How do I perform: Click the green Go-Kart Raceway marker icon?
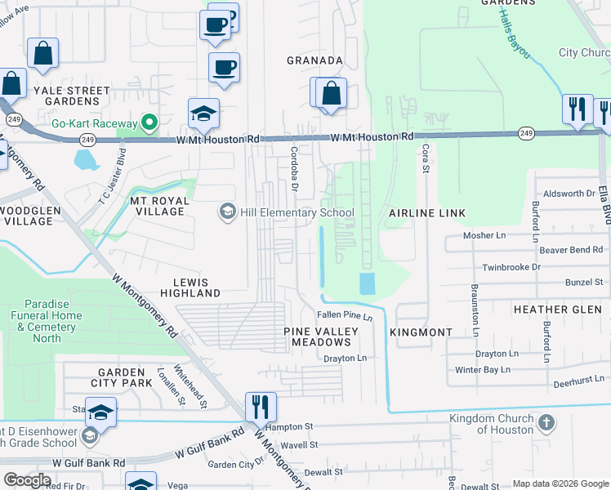click(x=149, y=123)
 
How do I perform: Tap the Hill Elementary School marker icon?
click(x=228, y=212)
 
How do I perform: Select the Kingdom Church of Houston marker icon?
click(x=546, y=423)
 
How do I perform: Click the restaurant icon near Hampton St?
click(x=261, y=406)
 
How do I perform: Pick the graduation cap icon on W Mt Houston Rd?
click(x=203, y=114)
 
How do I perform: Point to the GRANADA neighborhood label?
click(x=314, y=60)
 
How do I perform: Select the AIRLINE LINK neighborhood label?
click(x=426, y=213)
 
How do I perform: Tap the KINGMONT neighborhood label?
click(x=421, y=333)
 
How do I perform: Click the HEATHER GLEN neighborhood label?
click(x=557, y=310)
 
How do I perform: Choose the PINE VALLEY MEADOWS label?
click(x=321, y=337)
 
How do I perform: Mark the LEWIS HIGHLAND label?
click(x=190, y=287)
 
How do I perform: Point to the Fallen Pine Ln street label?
click(x=344, y=316)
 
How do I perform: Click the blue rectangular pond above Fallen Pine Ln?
click(x=367, y=284)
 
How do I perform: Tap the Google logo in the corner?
click(x=26, y=480)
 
